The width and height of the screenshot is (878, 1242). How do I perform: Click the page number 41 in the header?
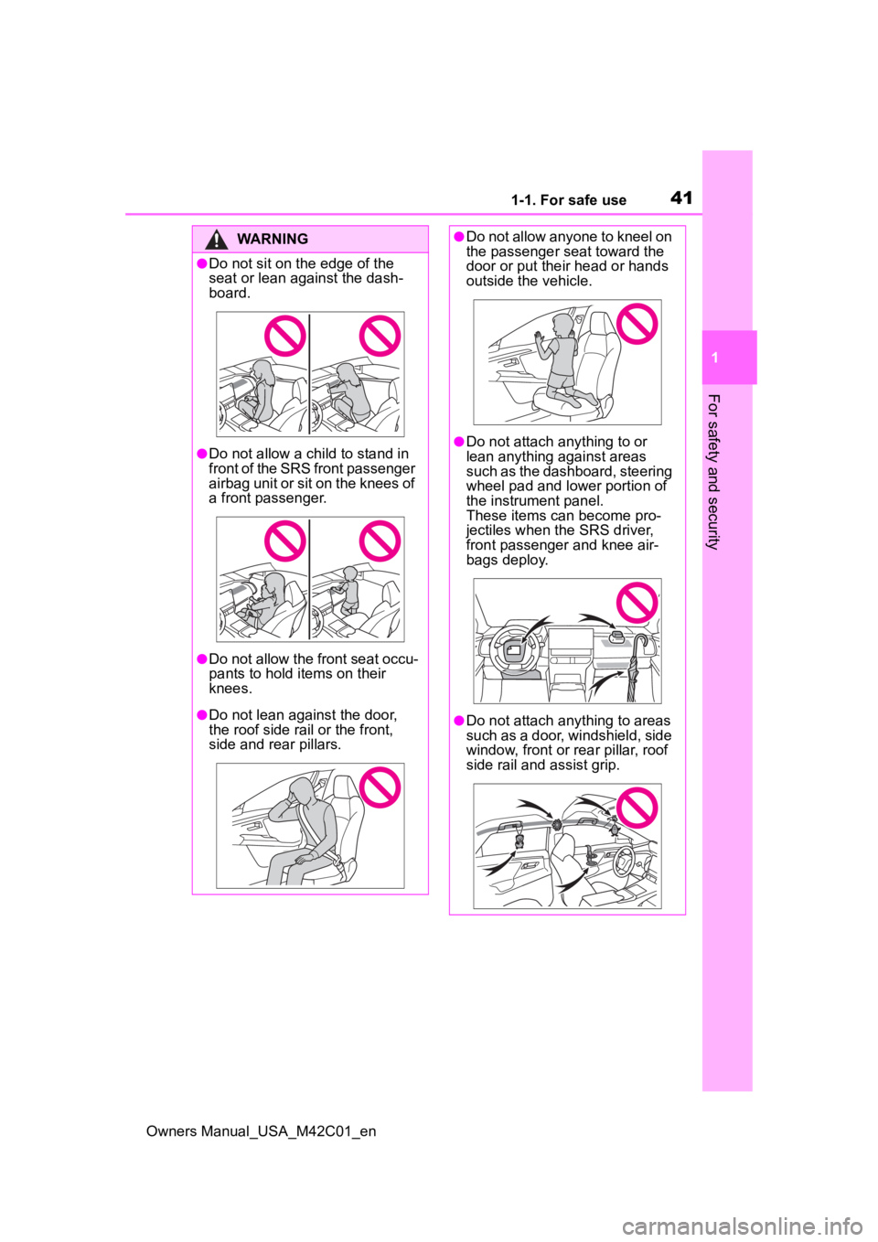680,198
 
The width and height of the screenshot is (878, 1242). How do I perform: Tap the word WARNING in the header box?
273,239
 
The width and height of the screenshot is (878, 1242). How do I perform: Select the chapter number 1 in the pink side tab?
715,358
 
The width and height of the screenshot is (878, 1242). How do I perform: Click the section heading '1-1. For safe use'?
569,200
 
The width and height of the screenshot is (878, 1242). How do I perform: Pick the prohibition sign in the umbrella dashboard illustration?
637,603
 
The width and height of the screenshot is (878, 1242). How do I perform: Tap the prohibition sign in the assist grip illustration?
637,808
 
